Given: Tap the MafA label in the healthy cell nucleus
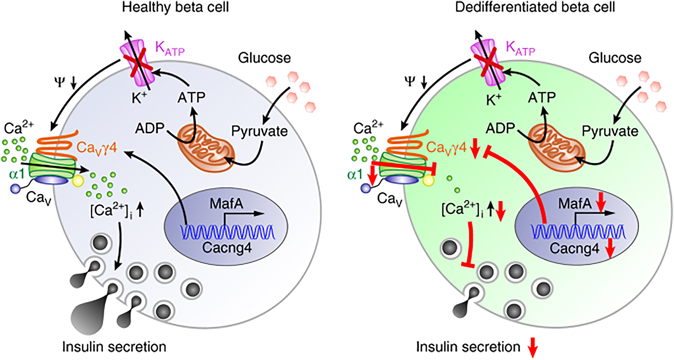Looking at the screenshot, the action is [x=226, y=204].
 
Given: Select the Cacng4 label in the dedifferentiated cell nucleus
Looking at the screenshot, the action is [x=574, y=248].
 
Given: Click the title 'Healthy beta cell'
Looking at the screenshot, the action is [x=175, y=7].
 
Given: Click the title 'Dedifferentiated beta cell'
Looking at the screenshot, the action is [x=535, y=7].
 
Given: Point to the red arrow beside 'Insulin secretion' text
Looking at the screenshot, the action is [x=533, y=347].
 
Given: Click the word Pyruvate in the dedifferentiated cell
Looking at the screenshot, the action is [x=610, y=131].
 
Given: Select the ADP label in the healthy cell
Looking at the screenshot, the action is [x=150, y=128].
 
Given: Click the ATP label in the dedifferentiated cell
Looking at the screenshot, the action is [x=542, y=98].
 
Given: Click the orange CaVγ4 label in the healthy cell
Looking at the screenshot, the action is [x=97, y=147].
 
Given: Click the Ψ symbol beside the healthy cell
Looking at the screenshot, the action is [x=60, y=81].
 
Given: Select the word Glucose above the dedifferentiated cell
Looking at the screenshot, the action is [x=615, y=58].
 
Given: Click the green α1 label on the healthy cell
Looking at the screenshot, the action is [x=17, y=174].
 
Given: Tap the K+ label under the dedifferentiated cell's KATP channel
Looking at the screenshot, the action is [x=494, y=100].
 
